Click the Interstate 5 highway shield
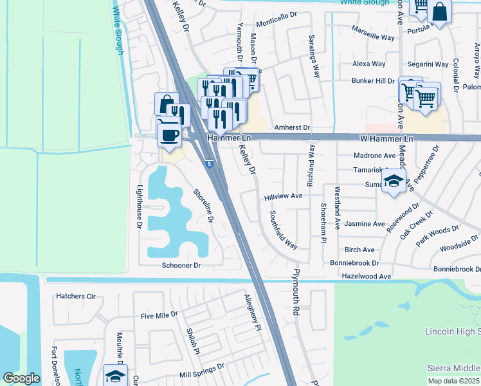pyautogui.click(x=210, y=165)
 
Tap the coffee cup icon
pyautogui.click(x=170, y=135)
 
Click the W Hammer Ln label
pyautogui.click(x=384, y=138)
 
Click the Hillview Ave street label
pyautogui.click(x=283, y=196)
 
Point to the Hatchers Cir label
pyautogui.click(x=76, y=297)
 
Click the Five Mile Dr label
pyautogui.click(x=159, y=316)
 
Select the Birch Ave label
pyautogui.click(x=359, y=250)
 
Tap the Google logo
pyautogui.click(x=22, y=378)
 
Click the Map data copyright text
pyautogui.click(x=454, y=381)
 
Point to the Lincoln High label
pyautogui.click(x=453, y=331)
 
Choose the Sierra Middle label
pyautogui.click(x=454, y=367)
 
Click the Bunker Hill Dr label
pyautogui.click(x=372, y=81)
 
